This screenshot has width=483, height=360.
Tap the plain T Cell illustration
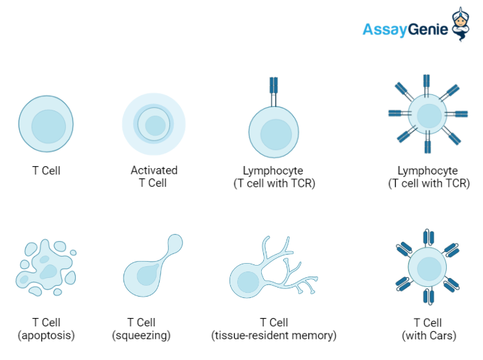(46, 123)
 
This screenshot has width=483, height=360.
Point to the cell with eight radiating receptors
(427, 115)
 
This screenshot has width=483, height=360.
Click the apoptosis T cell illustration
(45, 267)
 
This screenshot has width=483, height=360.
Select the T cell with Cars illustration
(427, 266)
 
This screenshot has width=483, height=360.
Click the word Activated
(154, 171)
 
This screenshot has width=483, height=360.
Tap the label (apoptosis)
(46, 335)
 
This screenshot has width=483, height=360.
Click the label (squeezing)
(140, 335)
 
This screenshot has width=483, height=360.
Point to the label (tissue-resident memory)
(274, 335)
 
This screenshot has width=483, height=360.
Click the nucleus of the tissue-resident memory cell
(248, 282)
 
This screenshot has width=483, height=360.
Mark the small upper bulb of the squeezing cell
(174, 244)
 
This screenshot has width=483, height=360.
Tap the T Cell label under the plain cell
(46, 171)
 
